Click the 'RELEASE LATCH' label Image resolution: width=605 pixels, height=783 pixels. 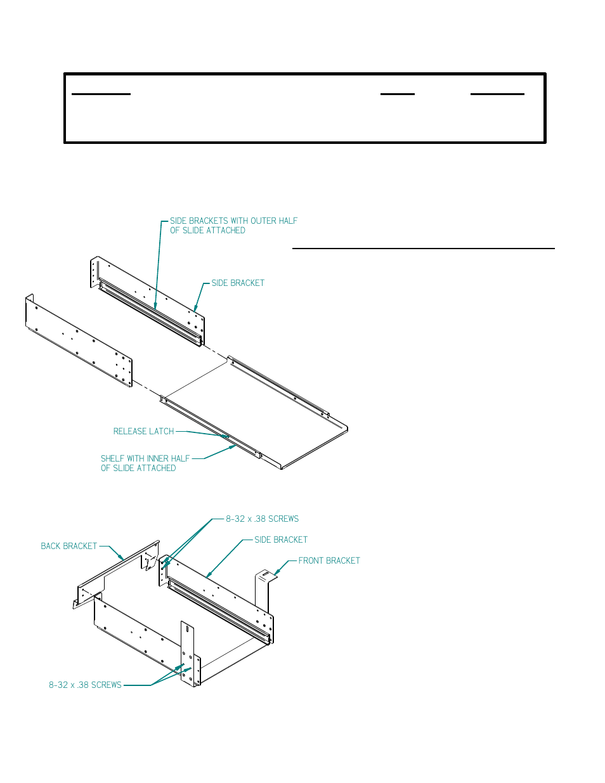[x=143, y=431]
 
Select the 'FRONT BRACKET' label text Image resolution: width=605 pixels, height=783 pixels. [x=329, y=560]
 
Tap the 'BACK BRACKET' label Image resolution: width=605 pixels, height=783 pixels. [x=68, y=546]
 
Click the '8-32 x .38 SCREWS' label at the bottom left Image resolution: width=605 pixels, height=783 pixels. [x=85, y=685]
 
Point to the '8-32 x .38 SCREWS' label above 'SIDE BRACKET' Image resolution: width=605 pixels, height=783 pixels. [x=262, y=519]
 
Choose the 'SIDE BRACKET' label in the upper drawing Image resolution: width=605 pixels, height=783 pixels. [x=237, y=283]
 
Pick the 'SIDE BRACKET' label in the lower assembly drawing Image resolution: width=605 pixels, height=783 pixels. [x=280, y=540]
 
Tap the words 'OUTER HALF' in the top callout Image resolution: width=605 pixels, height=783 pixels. [x=274, y=221]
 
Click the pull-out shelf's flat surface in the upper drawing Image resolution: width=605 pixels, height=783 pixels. [x=254, y=406]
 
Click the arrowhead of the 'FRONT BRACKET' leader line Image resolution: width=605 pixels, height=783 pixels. [x=275, y=574]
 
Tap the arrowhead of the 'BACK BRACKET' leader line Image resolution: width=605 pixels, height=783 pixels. [x=123, y=560]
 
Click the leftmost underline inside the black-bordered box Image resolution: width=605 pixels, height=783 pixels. [x=101, y=94]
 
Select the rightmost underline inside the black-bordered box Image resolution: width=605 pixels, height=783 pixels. [x=497, y=94]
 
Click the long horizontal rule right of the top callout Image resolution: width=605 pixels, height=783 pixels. [x=423, y=249]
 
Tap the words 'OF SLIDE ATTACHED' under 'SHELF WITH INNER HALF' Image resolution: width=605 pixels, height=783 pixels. [x=138, y=468]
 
